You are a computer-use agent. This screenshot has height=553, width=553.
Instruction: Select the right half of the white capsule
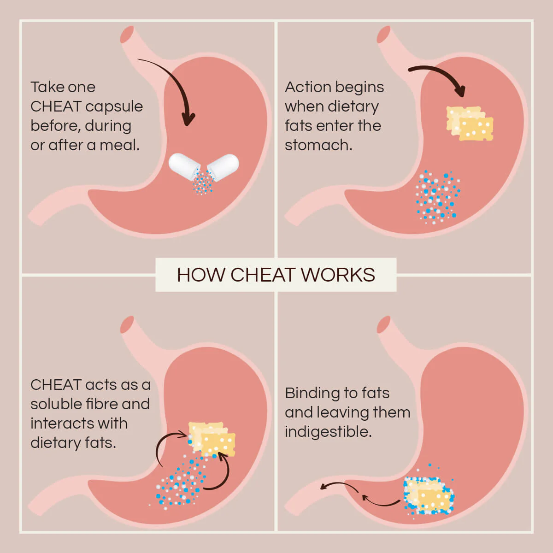(x=224, y=164)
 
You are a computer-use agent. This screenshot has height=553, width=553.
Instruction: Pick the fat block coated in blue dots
(x=429, y=495)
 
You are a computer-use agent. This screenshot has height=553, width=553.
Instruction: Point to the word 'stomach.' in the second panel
(x=318, y=145)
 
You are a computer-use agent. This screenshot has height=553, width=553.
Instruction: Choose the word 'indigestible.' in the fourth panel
(x=328, y=432)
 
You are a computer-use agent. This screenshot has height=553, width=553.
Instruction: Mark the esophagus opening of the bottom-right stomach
(x=383, y=324)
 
